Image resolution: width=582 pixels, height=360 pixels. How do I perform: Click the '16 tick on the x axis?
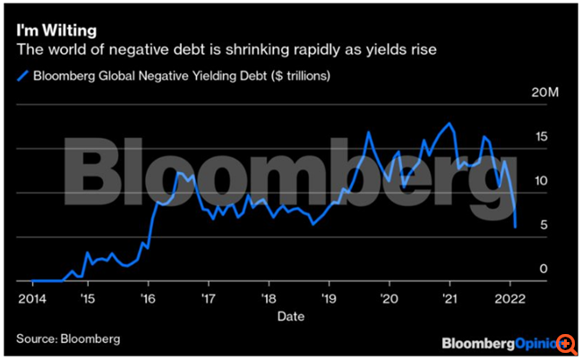tap(148, 297)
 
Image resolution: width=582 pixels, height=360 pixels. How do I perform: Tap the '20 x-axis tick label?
tap(389, 297)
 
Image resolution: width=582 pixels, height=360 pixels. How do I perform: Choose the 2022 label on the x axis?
tap(509, 297)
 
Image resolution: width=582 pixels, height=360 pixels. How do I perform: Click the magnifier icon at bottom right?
tap(566, 344)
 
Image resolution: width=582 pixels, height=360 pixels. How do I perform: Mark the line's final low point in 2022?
tap(516, 227)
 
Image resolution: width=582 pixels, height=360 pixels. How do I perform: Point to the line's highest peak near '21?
tap(449, 124)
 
